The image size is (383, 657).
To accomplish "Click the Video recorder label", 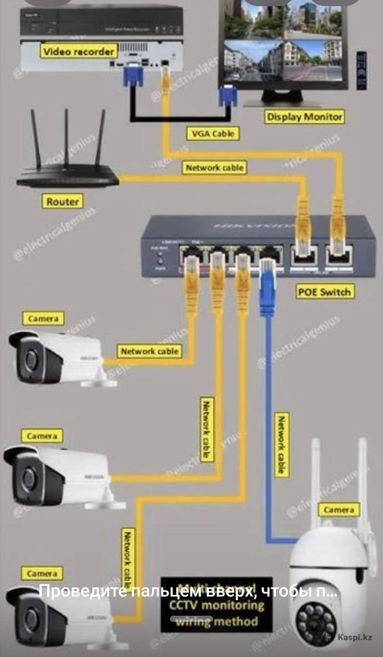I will (79, 52).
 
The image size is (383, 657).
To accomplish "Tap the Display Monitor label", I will (305, 117).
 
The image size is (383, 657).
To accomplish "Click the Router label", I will (62, 201).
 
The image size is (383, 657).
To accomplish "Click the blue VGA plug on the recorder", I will (133, 74).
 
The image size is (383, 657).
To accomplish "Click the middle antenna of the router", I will (66, 137).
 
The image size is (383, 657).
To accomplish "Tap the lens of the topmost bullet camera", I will (31, 362).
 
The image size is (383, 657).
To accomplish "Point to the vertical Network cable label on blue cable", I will (282, 445).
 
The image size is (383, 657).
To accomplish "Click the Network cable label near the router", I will (214, 168).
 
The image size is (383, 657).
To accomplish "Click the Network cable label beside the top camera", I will (150, 351).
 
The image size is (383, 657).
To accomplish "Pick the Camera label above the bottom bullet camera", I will (42, 573).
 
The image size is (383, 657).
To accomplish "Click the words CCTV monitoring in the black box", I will (216, 606).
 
